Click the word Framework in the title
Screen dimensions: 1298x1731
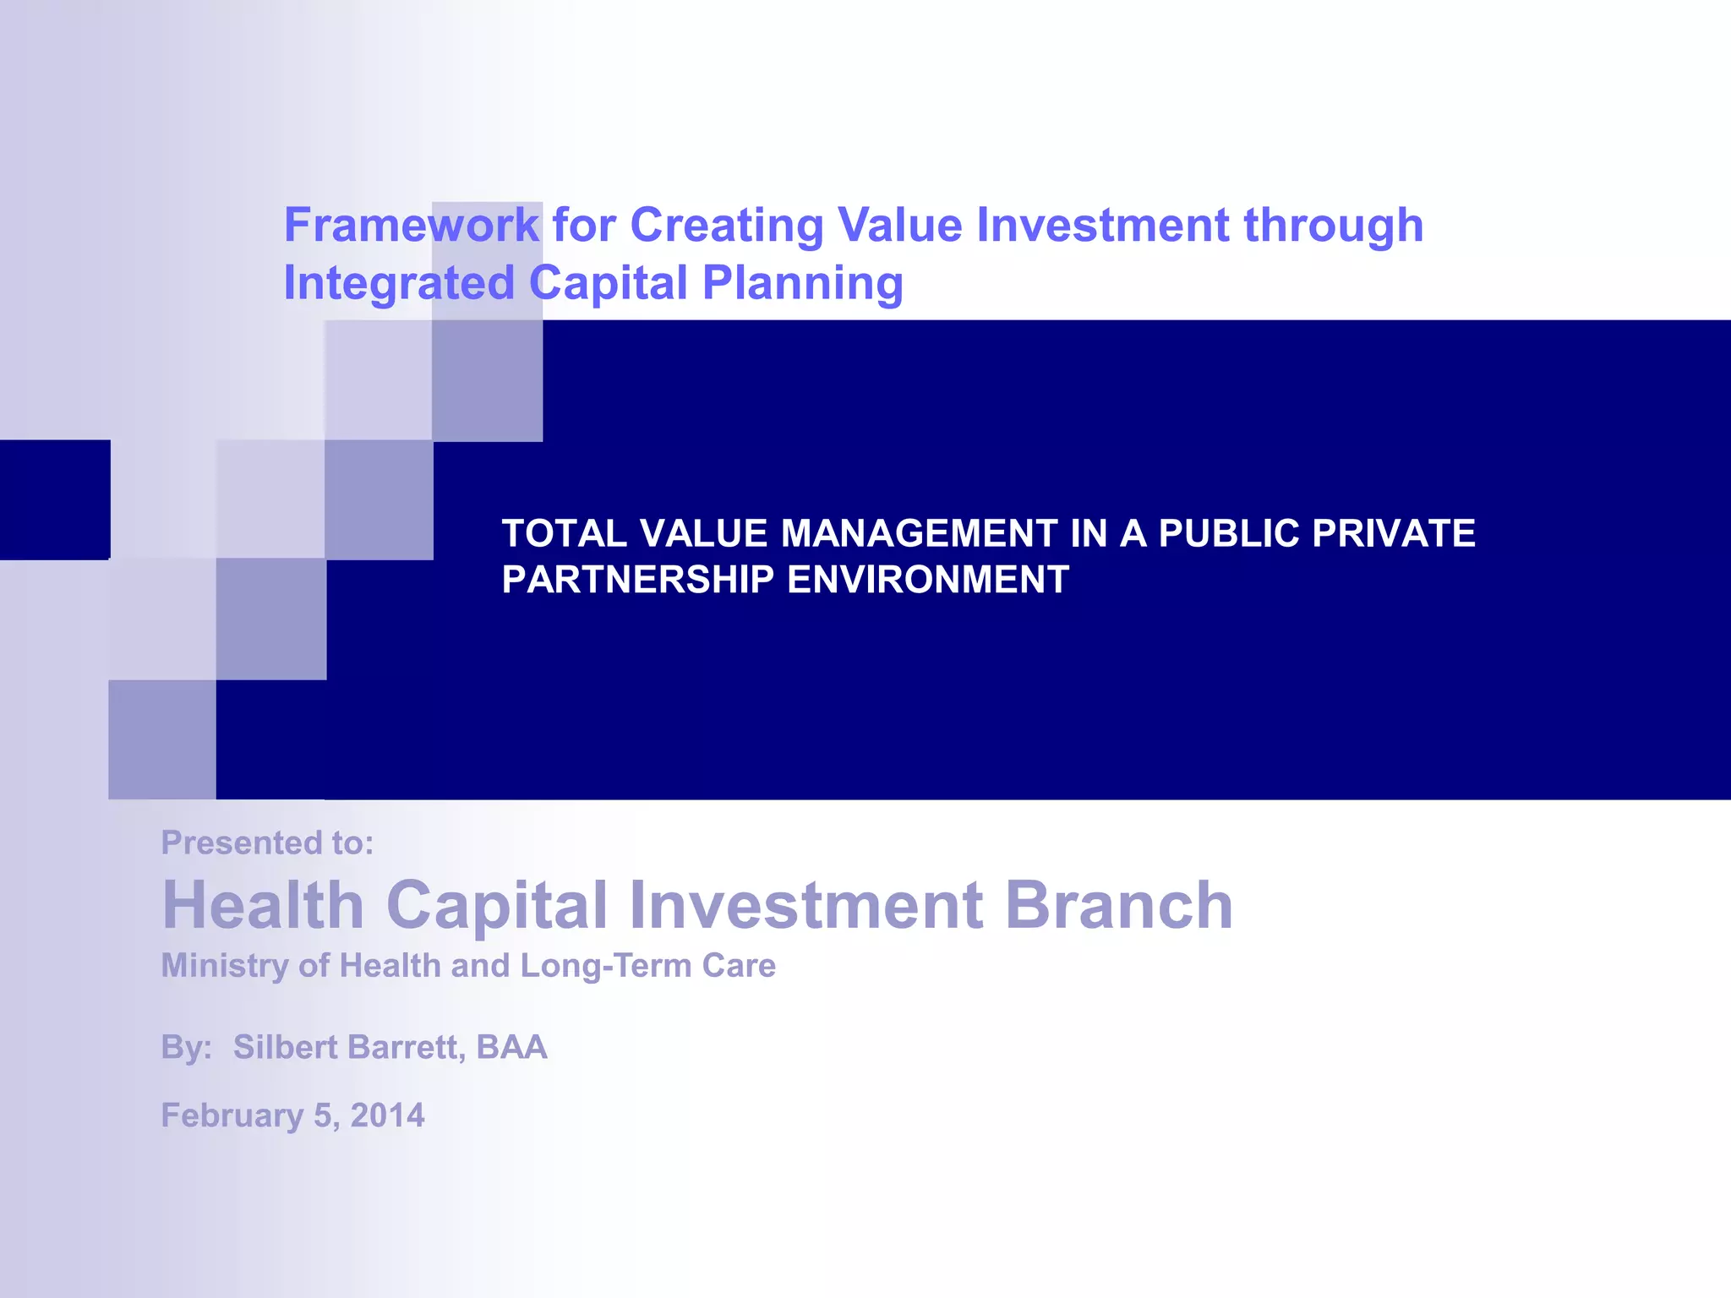(411, 226)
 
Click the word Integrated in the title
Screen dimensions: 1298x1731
(399, 283)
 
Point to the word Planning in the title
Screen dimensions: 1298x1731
(803, 283)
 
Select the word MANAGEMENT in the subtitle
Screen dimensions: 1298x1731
(919, 533)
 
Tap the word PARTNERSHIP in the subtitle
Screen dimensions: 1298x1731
(638, 580)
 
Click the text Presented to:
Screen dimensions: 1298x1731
(267, 843)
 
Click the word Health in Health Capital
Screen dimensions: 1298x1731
(263, 905)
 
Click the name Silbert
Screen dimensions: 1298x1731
(286, 1047)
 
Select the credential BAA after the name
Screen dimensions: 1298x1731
(511, 1047)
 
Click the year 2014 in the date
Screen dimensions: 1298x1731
(387, 1115)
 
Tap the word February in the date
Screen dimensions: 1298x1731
(232, 1115)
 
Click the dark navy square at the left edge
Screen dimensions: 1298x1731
(55, 499)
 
